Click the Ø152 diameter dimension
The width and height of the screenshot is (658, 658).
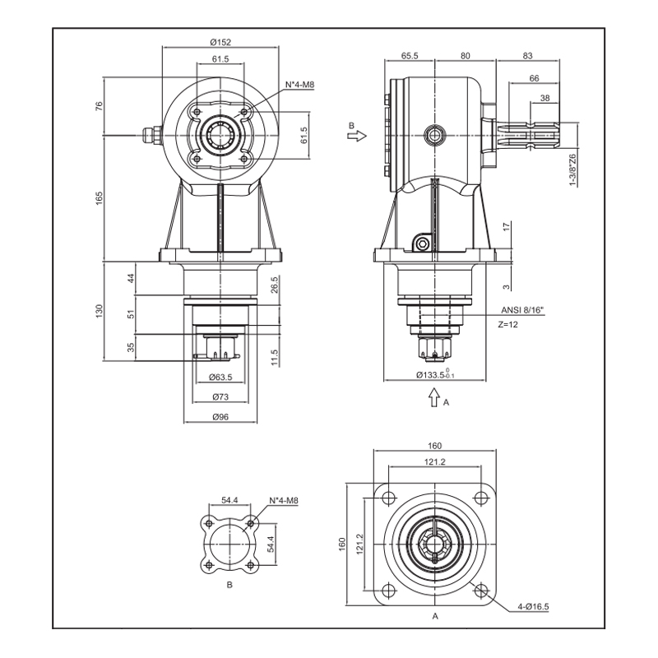220,43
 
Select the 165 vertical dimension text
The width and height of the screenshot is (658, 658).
100,198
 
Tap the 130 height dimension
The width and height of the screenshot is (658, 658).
100,311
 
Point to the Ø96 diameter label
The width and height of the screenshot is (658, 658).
220,417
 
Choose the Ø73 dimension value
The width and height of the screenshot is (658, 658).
220,397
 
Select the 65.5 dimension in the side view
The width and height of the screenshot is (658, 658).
410,56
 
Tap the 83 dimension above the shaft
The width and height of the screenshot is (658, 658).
527,56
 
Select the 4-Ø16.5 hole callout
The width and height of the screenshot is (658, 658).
533,607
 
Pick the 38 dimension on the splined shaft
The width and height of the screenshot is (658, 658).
544,98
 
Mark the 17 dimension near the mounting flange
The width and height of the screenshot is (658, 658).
507,225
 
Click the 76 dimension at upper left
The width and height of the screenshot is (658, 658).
100,105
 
